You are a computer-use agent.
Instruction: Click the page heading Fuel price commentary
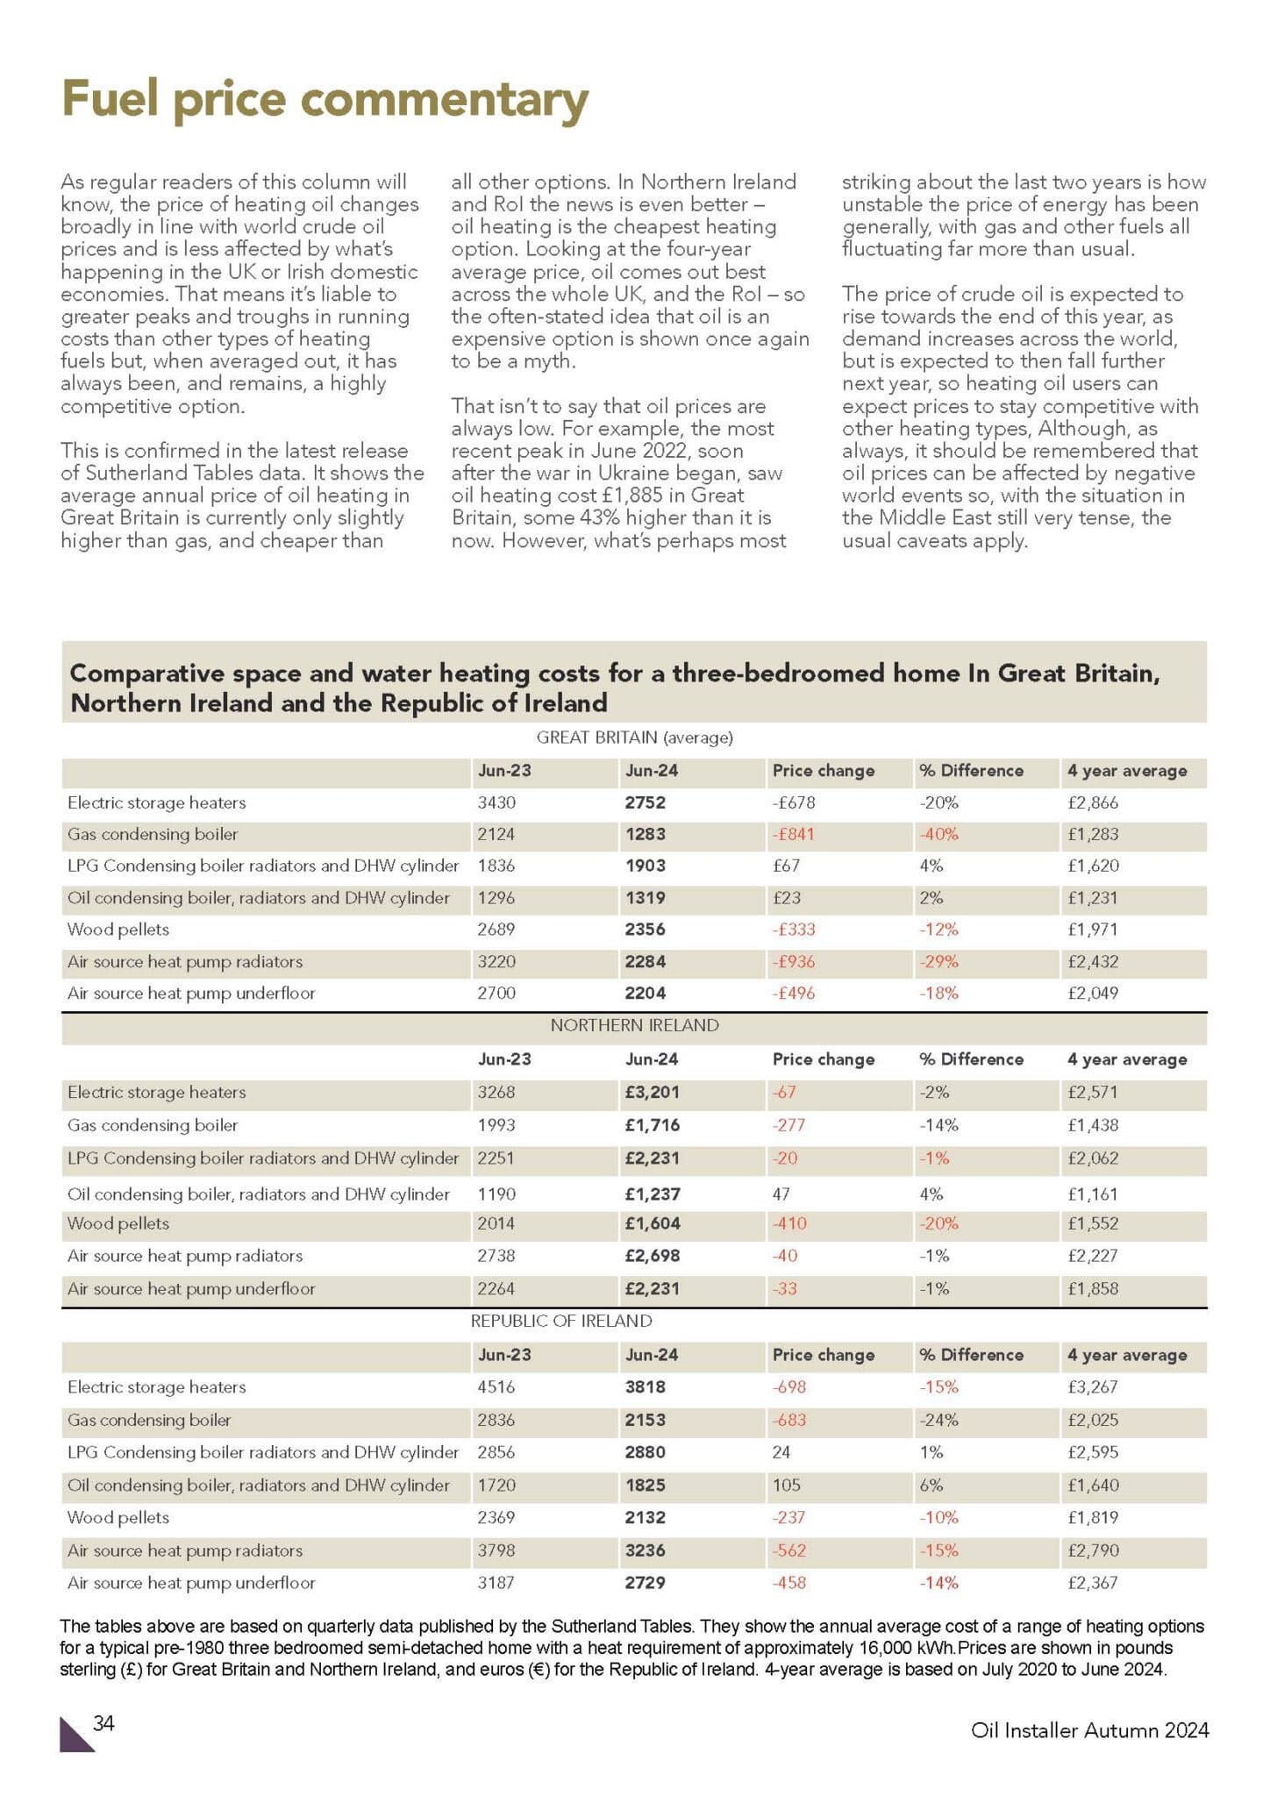tap(325, 100)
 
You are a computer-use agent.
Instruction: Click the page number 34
tap(103, 1723)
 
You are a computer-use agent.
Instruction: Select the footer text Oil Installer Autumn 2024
tap(1089, 1730)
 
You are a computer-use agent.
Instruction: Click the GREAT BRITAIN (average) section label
tap(634, 738)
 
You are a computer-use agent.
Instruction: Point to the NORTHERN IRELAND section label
tap(634, 1025)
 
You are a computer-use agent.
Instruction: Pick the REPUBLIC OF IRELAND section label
tap(561, 1321)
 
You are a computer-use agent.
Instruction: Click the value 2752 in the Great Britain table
tap(645, 802)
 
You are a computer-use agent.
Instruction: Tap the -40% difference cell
tap(938, 834)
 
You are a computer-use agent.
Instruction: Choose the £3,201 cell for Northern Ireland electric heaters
tap(652, 1092)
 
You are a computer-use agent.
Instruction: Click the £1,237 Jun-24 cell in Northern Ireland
tap(652, 1194)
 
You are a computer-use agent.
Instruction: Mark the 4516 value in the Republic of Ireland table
tap(496, 1386)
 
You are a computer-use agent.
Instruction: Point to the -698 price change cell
tap(788, 1386)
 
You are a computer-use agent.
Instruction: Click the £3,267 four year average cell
tap(1092, 1386)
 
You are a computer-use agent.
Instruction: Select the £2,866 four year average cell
tap(1092, 802)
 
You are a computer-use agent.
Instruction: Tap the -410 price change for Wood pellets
tap(788, 1223)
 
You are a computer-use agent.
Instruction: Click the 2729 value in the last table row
tap(645, 1583)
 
